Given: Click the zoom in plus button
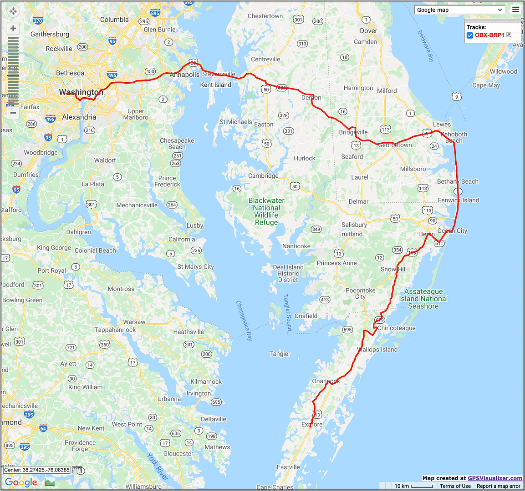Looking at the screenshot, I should coord(13,29).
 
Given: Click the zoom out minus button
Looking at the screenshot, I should coord(13,113).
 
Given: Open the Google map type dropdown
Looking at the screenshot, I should coord(459,10).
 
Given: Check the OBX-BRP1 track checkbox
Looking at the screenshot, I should coord(470,35).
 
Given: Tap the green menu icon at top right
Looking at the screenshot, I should coord(515,10).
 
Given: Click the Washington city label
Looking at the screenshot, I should coord(81,92).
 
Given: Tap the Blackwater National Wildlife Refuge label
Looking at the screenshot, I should coord(266,211).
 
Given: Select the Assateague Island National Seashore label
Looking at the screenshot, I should coord(423,299).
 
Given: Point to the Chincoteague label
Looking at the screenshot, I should coord(396,328).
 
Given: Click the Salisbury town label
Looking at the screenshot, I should coord(354,225).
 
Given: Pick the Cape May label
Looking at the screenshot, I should coord(486,85).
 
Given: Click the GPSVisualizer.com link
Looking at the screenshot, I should coord(495,478).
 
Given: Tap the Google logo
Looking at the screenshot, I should coord(21,482).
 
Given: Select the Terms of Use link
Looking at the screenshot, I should coord(455,486).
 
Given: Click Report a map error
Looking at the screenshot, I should coord(499,486).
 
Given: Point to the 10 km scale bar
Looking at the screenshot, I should coord(413,486).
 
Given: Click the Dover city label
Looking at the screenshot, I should coord(368,31).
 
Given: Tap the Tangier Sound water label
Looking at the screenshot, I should coord(288,312).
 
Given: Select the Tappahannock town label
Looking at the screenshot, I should coord(115,330).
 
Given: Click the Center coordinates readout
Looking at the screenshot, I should coord(37,470).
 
